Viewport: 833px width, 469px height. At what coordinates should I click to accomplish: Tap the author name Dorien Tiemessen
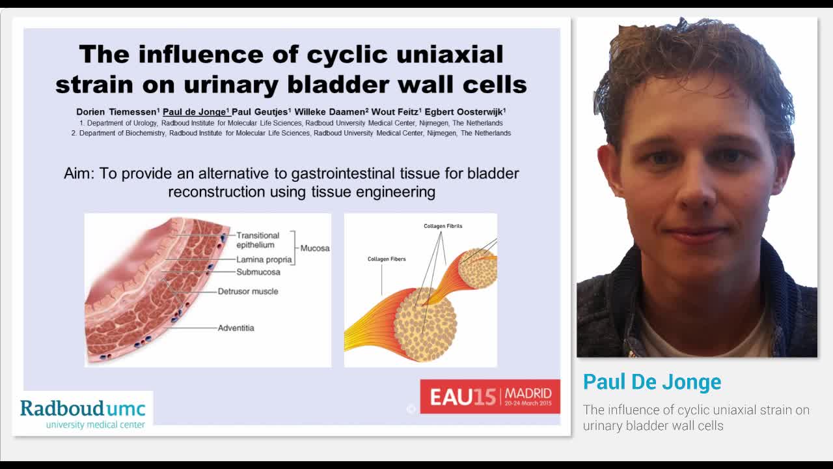click(116, 111)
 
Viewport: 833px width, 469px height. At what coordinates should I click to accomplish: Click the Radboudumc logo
click(83, 413)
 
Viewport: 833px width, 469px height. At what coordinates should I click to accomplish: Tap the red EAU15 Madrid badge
click(489, 396)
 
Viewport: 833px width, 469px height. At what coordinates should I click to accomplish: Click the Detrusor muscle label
click(247, 291)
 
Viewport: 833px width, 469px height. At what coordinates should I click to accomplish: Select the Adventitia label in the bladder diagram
click(236, 328)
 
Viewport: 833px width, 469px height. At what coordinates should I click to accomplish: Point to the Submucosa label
click(258, 272)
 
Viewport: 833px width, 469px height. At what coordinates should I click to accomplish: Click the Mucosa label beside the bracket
click(315, 248)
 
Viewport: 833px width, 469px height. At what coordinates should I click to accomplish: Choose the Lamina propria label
click(264, 260)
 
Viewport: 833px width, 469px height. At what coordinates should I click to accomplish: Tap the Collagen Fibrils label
click(443, 226)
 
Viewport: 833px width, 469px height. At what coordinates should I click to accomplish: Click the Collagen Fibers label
click(387, 259)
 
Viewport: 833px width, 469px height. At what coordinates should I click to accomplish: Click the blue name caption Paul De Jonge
click(651, 382)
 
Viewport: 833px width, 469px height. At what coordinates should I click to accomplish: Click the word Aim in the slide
click(79, 174)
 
